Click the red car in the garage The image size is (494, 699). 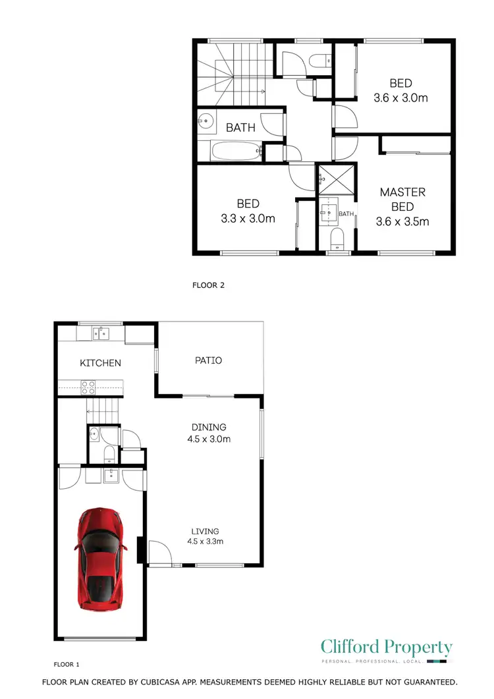click(101, 559)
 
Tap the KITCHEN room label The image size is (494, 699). click(101, 363)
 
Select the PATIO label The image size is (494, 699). click(208, 360)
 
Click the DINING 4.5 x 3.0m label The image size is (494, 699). click(209, 433)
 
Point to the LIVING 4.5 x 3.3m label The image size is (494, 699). click(206, 537)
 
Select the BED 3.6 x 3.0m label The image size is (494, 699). click(400, 91)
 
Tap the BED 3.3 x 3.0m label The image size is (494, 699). click(248, 211)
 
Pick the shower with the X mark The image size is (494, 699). click(335, 178)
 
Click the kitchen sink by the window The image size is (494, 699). click(100, 334)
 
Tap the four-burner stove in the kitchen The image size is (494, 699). click(88, 387)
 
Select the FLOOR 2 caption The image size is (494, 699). click(209, 286)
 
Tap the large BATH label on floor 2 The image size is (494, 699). click(240, 128)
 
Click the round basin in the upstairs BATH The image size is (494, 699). click(206, 122)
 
